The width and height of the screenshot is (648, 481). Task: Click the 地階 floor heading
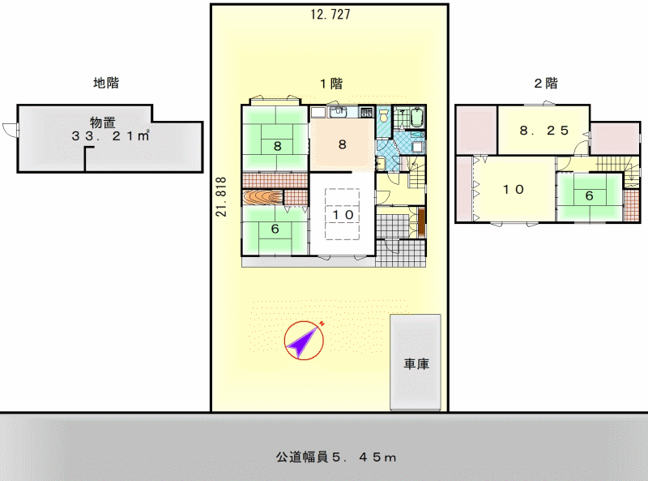coord(106,83)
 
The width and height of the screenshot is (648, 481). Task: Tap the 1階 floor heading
coord(331,84)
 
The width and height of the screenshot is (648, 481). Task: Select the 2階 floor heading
coord(545,84)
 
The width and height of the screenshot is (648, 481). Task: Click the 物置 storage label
coord(103,122)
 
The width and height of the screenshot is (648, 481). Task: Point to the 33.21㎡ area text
coord(110,135)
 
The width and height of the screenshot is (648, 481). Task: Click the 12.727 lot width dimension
coord(330,15)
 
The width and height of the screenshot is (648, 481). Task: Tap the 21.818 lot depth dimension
coord(221,197)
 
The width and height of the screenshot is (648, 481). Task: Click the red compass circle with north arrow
coord(304,340)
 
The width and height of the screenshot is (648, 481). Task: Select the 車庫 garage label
coord(416,364)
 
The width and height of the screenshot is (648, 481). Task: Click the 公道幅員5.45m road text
coord(336,457)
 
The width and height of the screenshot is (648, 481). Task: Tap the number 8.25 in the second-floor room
coord(544,131)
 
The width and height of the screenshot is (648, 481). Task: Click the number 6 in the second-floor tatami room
coord(590,195)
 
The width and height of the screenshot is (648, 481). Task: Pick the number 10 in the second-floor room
coord(514,189)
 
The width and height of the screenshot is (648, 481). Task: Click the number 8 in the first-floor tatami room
coord(277,146)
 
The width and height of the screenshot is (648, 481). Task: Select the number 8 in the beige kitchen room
coord(342,144)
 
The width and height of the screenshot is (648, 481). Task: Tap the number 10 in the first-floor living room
coord(343,214)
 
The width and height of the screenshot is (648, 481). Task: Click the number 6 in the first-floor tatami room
coord(275,229)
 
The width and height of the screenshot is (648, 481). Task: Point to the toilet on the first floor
coord(384,114)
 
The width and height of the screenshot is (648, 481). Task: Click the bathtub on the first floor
coord(417,117)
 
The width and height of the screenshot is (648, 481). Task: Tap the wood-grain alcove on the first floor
coord(262,197)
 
